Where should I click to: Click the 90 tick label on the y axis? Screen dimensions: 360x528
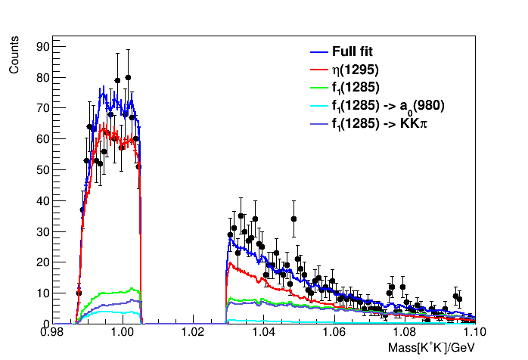(x=42, y=47)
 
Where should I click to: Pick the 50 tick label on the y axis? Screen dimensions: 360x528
(x=42, y=170)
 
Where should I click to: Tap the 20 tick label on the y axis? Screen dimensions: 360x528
(x=42, y=262)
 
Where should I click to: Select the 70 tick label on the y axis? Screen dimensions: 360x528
(x=42, y=108)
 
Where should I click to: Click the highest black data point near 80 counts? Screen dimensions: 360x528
(x=129, y=77)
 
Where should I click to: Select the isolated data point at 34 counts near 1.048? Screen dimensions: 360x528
(x=294, y=219)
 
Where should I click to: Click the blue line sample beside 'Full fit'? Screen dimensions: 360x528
(x=318, y=52)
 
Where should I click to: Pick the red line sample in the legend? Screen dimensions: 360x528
(x=318, y=70)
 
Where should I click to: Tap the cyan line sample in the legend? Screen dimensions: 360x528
(x=318, y=106)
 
